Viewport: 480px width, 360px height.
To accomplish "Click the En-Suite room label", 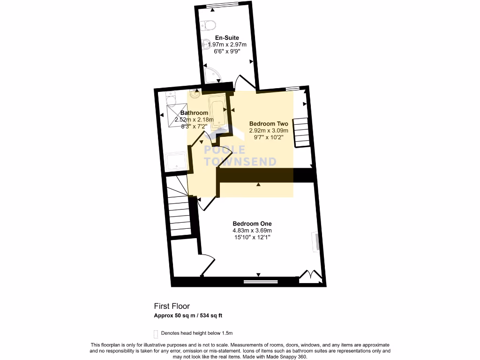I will pyautogui.click(x=227, y=37).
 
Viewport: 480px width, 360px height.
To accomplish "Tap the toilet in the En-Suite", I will pyautogui.click(x=208, y=25).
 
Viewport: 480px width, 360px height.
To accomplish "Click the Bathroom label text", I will pyautogui.click(x=194, y=113).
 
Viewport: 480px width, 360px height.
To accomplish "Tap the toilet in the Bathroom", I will pyautogui.click(x=170, y=100).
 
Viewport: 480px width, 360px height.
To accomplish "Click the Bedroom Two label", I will pyautogui.click(x=269, y=124).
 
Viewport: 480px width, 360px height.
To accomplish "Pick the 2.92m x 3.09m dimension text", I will pyautogui.click(x=269, y=131).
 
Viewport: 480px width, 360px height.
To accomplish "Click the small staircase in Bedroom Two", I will pyautogui.click(x=301, y=132).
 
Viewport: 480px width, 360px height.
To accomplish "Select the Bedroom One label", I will pyautogui.click(x=252, y=224).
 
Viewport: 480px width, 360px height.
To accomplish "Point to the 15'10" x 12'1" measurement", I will pyautogui.click(x=252, y=238).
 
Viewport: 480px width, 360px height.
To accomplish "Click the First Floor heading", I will pyautogui.click(x=172, y=306).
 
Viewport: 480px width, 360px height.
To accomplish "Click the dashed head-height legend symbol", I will pyautogui.click(x=156, y=334).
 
